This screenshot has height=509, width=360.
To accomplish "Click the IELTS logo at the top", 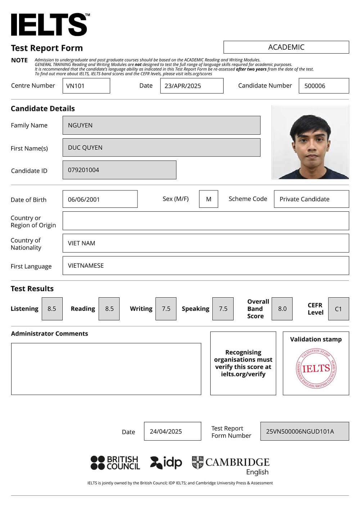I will point(49,24).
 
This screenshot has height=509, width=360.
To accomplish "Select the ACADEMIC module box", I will point(286,47).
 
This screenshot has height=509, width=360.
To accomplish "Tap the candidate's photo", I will point(310,142).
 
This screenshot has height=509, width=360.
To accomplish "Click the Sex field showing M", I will point(208,199).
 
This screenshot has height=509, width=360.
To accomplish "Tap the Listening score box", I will point(52,309).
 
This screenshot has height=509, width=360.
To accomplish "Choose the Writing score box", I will point(166,309).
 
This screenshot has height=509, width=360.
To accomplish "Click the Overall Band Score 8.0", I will point(282,309).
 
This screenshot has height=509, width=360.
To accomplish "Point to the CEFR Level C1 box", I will point(338,309).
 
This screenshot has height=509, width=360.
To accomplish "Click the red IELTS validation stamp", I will point(316,368).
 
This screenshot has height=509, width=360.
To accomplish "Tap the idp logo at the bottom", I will point(166,463).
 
